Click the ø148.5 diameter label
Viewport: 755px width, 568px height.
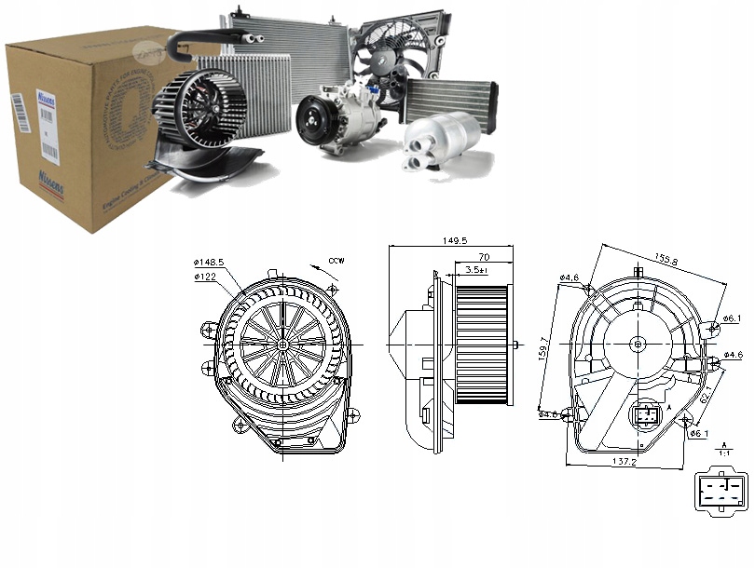pyautogui.click(x=209, y=263)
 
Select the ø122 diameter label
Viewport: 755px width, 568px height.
pyautogui.click(x=206, y=277)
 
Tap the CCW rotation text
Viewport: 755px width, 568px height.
pyautogui.click(x=336, y=262)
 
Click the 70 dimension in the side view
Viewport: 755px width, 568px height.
pyautogui.click(x=485, y=256)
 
